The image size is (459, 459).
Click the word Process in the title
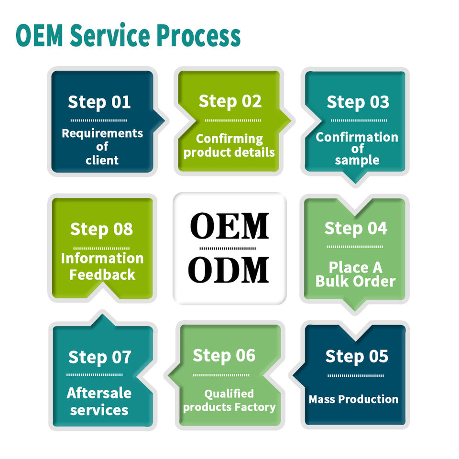coord(198,36)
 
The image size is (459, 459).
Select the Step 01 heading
coord(99,102)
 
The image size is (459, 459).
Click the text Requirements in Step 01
coord(102,134)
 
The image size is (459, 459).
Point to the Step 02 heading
coord(230,102)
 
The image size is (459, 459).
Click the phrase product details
coord(229,153)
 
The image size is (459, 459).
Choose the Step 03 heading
coord(358,102)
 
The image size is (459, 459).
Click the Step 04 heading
coord(356,229)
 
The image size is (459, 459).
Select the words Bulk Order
coord(356,281)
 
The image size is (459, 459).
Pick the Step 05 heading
coord(357,357)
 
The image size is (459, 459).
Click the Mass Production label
coord(354,399)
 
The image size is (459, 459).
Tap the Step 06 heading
coord(224,356)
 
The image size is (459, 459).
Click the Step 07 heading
coord(100,358)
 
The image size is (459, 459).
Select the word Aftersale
coord(99,393)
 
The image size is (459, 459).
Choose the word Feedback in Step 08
coord(102,275)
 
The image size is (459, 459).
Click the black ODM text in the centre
coord(229,270)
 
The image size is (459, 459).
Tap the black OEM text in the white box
coord(229,226)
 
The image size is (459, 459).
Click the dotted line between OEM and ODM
coord(228,249)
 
